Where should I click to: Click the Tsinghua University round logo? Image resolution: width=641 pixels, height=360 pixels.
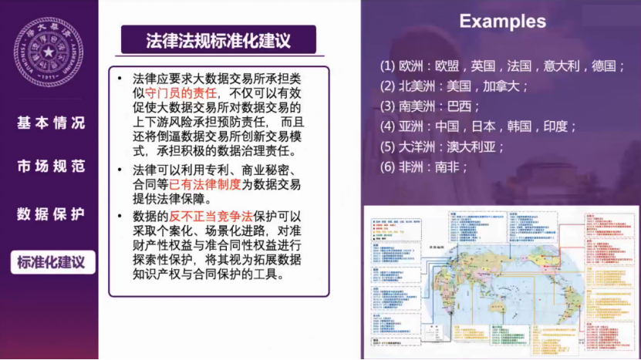[49, 51]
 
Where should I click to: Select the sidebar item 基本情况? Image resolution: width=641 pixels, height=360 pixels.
[51, 123]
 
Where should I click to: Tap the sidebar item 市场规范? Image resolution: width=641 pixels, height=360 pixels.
[51, 167]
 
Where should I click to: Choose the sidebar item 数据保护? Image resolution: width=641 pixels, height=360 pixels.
[51, 214]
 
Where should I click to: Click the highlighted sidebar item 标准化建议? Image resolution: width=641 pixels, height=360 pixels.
[52, 261]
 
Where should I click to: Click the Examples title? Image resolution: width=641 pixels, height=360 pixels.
[502, 22]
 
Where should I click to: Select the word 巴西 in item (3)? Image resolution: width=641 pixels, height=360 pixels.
[463, 106]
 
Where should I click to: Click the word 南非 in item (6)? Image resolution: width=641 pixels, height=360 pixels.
[450, 166]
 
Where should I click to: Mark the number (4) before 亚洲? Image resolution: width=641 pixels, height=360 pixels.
[387, 126]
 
